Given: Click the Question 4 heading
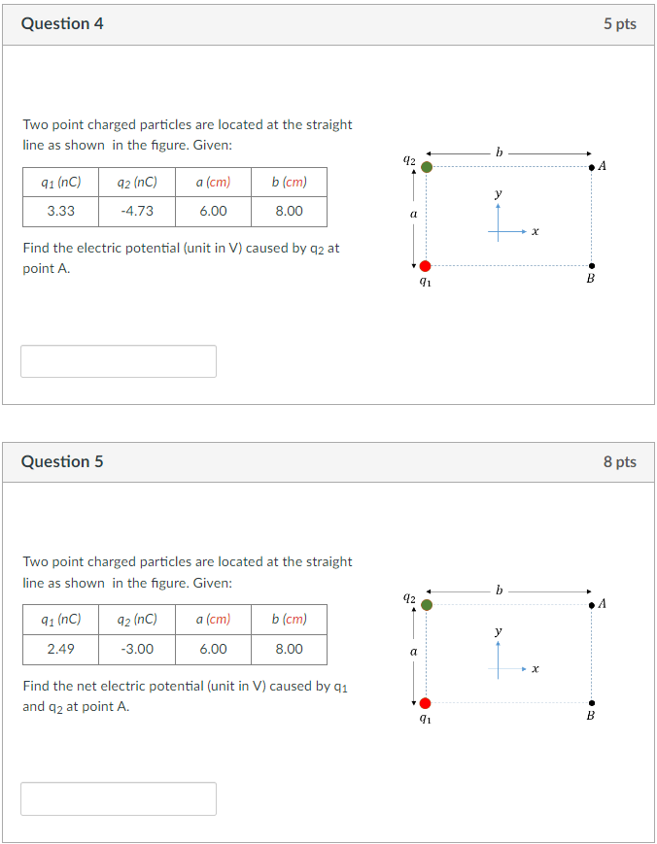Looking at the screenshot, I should point(62,24).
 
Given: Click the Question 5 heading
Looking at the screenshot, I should point(62,461).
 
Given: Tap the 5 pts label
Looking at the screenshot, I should point(619,24).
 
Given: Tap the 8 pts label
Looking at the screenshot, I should point(619,461).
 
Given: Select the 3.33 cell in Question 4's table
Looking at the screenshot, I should point(60,211).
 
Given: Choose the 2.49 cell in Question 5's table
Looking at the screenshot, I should point(60,649).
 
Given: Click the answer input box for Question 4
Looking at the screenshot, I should point(119,361).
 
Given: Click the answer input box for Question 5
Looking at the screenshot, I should point(119,798).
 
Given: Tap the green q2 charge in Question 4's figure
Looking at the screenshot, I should point(426,167).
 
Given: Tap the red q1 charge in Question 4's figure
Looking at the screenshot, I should point(425,266).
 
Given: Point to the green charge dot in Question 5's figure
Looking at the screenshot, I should point(426,604).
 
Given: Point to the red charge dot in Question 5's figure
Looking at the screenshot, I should point(425,703).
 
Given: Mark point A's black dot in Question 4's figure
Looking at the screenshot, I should point(592,168).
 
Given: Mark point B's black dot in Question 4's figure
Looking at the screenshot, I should point(592,266).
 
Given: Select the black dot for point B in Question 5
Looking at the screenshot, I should point(592,703).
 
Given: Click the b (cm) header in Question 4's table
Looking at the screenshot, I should point(289,182).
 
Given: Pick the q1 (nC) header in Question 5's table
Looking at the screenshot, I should point(60,619).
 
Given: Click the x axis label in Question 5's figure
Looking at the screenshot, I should point(536,669).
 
